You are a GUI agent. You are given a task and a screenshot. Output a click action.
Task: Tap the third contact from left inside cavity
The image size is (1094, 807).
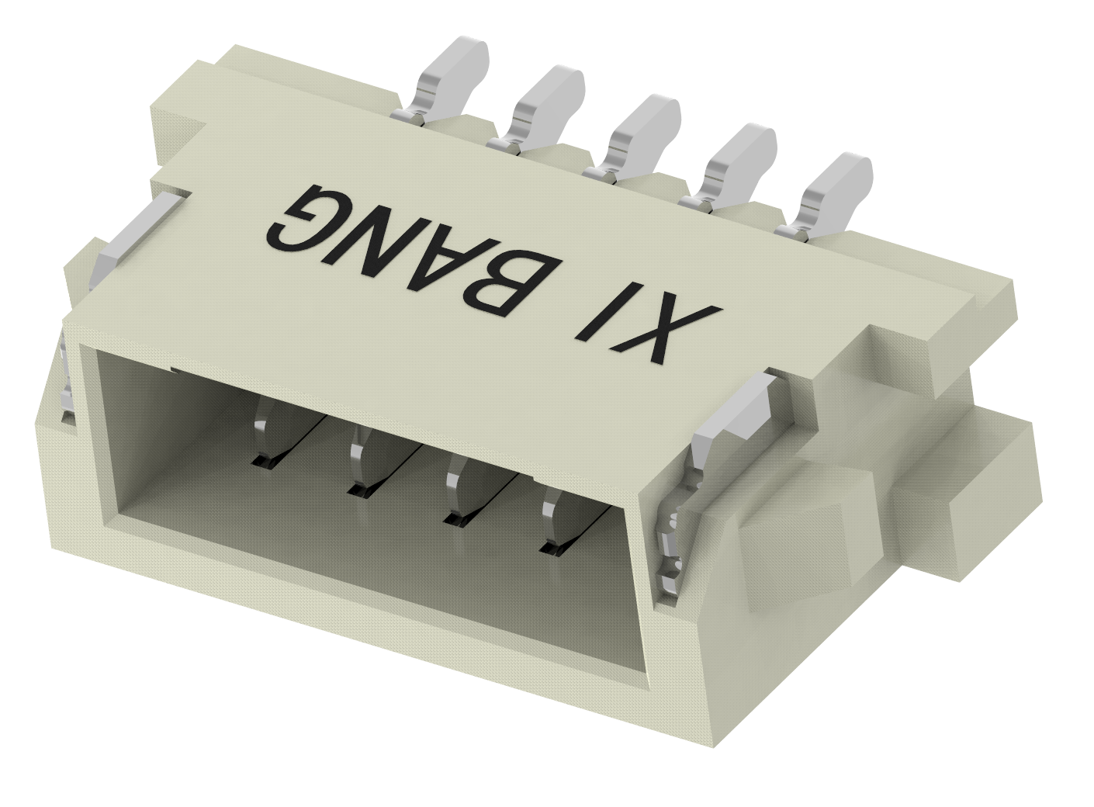tap(456, 493)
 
